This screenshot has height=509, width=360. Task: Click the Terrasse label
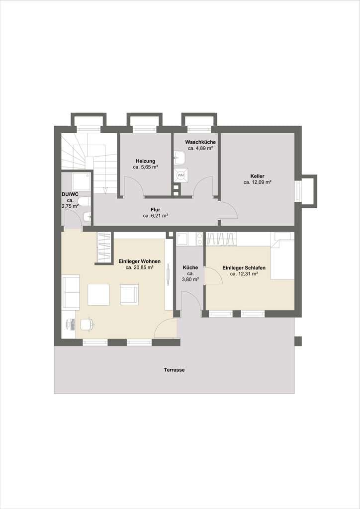pyautogui.click(x=175, y=370)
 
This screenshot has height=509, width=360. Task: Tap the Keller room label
pyautogui.click(x=257, y=176)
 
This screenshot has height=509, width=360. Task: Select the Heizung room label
pyautogui.click(x=145, y=161)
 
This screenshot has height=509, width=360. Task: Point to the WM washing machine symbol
pyautogui.click(x=180, y=175)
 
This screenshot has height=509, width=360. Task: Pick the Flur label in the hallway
pyautogui.click(x=156, y=210)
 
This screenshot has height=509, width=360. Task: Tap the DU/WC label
pyautogui.click(x=70, y=194)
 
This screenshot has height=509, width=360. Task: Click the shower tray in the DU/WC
pyautogui.click(x=81, y=181)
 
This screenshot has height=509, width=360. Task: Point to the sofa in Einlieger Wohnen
pyautogui.click(x=71, y=292)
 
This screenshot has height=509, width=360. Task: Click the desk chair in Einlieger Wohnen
pyautogui.click(x=87, y=324)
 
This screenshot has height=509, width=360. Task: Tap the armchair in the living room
pyautogui.click(x=129, y=294)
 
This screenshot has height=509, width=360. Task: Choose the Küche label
pyautogui.click(x=190, y=268)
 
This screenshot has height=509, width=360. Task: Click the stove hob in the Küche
pyautogui.click(x=199, y=239)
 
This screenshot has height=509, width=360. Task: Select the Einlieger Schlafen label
pyautogui.click(x=244, y=268)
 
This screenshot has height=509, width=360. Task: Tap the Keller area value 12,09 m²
pyautogui.click(x=257, y=182)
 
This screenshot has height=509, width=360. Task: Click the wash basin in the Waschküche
pyautogui.click(x=179, y=158)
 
